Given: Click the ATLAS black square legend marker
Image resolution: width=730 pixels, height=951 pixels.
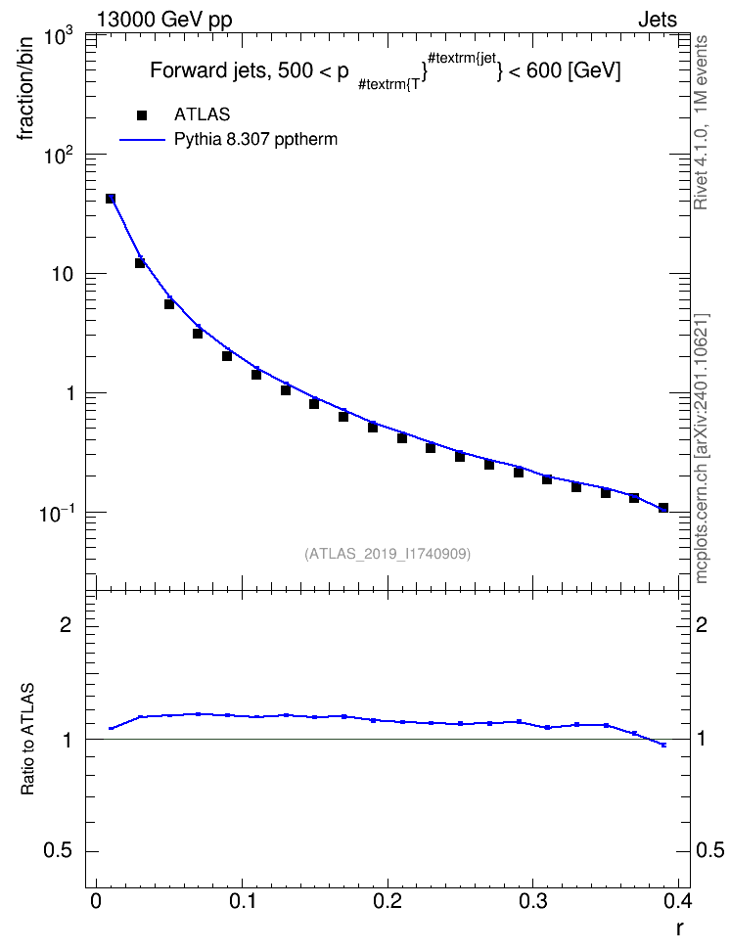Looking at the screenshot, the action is click(x=142, y=114).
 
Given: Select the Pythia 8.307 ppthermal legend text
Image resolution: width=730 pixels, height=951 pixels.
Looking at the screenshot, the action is click(x=255, y=140).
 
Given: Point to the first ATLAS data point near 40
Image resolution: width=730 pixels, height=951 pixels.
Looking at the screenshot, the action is click(x=111, y=199).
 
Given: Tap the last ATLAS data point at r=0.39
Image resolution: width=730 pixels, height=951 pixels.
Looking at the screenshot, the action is click(x=663, y=508).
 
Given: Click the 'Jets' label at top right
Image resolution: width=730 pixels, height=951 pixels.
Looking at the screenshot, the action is click(x=658, y=20).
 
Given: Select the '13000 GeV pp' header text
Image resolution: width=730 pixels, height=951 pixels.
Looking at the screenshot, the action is click(x=164, y=21).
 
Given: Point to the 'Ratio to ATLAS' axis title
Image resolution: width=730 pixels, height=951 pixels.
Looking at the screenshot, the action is click(x=27, y=739).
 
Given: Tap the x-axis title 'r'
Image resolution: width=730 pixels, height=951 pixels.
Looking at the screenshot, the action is click(x=680, y=928).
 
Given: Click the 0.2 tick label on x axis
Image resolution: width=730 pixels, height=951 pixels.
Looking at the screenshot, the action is click(x=388, y=901).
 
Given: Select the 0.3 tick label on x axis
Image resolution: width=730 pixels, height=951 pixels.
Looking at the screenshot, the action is click(x=533, y=901).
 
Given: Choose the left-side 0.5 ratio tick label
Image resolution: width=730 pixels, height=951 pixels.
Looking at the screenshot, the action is click(x=58, y=851).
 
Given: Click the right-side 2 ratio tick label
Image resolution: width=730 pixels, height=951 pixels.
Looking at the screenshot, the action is click(x=702, y=624).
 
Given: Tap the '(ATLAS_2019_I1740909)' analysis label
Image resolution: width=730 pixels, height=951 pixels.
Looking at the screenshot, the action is click(x=388, y=554).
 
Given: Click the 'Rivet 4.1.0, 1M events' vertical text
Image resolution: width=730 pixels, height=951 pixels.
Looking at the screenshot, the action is click(x=701, y=122).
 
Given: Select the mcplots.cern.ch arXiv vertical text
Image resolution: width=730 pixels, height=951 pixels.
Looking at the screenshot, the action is click(x=701, y=449).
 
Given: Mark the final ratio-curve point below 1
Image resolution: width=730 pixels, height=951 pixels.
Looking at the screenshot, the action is click(x=663, y=745).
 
